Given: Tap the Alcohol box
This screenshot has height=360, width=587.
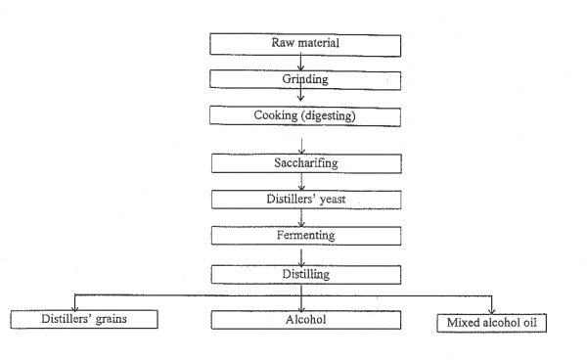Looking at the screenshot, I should click(x=300, y=319).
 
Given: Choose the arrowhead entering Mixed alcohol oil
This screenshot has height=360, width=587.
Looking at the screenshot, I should click(x=492, y=307).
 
